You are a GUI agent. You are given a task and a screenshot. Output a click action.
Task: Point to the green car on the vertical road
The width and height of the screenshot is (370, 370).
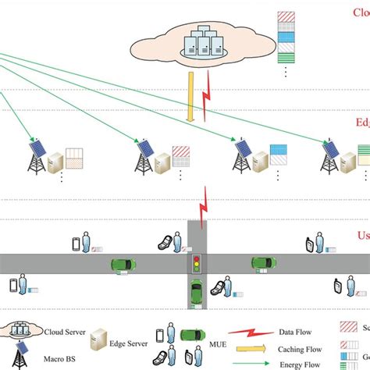click(197, 296)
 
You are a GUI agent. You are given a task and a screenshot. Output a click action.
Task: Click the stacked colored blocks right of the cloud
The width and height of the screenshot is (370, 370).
click(286, 44)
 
